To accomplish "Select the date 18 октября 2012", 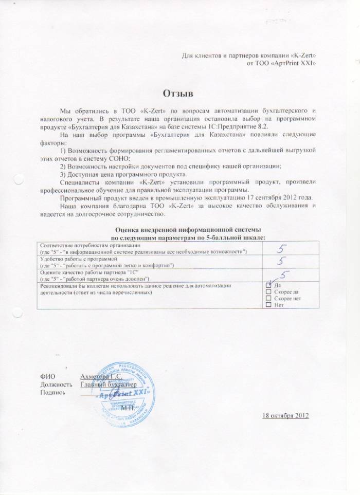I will pyautogui.click(x=285, y=415).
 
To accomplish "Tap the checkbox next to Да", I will pyautogui.click(x=268, y=285).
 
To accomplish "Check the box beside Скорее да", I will pyautogui.click(x=268, y=291).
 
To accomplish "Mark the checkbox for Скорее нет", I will pyautogui.click(x=268, y=298).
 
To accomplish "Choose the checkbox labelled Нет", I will pyautogui.click(x=268, y=305).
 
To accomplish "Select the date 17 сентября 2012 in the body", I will pyautogui.click(x=279, y=198).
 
